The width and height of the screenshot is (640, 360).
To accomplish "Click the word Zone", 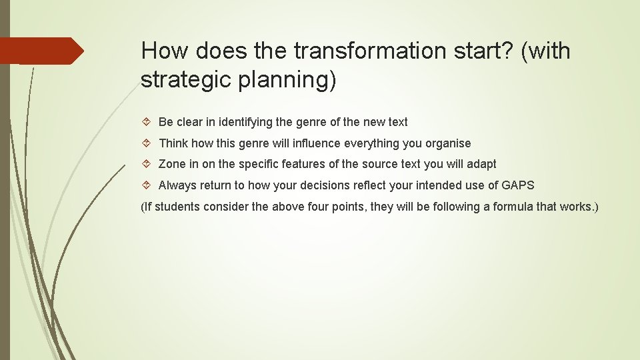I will click(171, 164).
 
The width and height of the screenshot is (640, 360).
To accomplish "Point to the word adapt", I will click(482, 164).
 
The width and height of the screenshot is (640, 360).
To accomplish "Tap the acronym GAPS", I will click(518, 185).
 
